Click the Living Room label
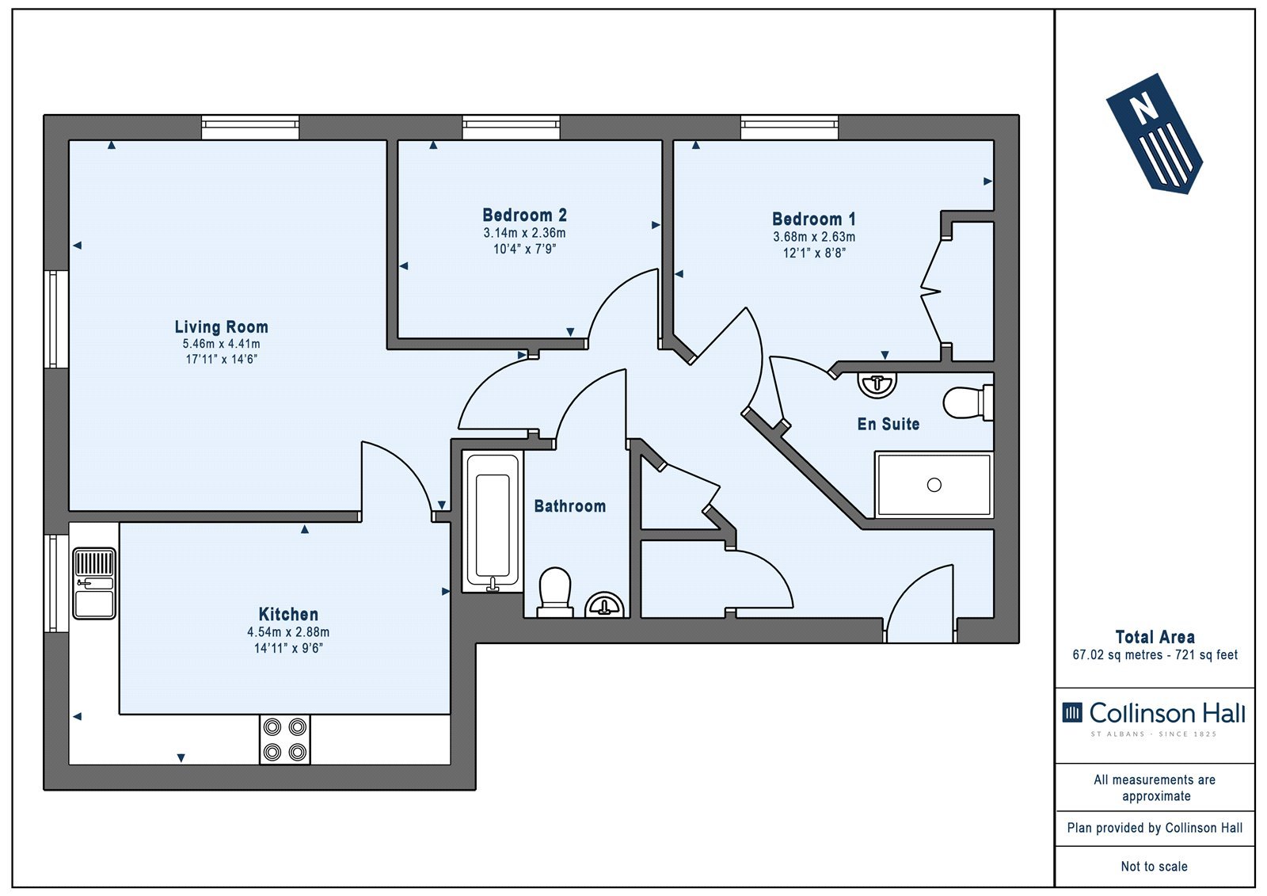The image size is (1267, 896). [221, 326]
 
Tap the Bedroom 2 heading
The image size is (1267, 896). [524, 215]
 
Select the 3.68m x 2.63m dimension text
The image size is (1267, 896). [814, 237]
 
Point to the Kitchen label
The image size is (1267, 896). [288, 614]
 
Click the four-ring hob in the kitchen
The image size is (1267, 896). [285, 739]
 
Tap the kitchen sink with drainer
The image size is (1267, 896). [94, 583]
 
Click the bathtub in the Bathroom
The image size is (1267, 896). [493, 521]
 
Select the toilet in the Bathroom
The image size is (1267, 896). [554, 592]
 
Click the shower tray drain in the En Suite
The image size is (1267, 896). [934, 485]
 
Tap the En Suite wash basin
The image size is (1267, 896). [877, 384]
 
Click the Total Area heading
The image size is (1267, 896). [1155, 637]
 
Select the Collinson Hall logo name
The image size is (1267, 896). [1167, 713]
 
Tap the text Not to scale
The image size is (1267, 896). [1155, 866]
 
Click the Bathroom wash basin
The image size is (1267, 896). [605, 605]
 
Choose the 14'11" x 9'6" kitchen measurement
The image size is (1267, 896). [288, 648]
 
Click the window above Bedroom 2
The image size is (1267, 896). [512, 128]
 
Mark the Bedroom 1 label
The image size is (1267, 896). [813, 219]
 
